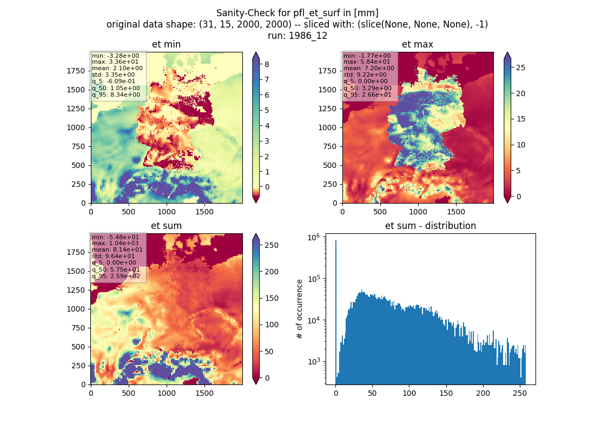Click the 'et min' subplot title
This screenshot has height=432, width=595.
[x=166, y=44]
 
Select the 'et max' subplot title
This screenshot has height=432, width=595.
[x=418, y=44]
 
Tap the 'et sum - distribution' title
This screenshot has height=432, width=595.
[x=431, y=226]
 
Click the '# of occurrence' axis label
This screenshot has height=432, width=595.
[x=300, y=309]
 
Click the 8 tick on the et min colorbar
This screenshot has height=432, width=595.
[x=267, y=64]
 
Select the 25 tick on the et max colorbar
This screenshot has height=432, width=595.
[x=520, y=67]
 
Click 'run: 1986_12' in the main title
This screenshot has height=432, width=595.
[x=297, y=36]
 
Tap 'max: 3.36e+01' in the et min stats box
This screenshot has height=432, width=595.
[x=115, y=62]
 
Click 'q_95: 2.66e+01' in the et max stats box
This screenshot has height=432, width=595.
[x=367, y=94]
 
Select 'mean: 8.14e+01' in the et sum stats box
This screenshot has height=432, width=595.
[x=117, y=249]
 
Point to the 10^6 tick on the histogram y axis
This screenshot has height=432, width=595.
[x=313, y=237]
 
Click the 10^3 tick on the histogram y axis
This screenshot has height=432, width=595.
[x=313, y=361]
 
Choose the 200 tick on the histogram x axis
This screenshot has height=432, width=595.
[x=483, y=393]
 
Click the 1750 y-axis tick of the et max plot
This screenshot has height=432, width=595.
[x=327, y=71]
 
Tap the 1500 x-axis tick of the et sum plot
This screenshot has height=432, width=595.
[x=204, y=393]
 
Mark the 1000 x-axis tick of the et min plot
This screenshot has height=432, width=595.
[x=167, y=212]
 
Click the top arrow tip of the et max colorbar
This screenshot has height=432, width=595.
[x=507, y=52]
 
